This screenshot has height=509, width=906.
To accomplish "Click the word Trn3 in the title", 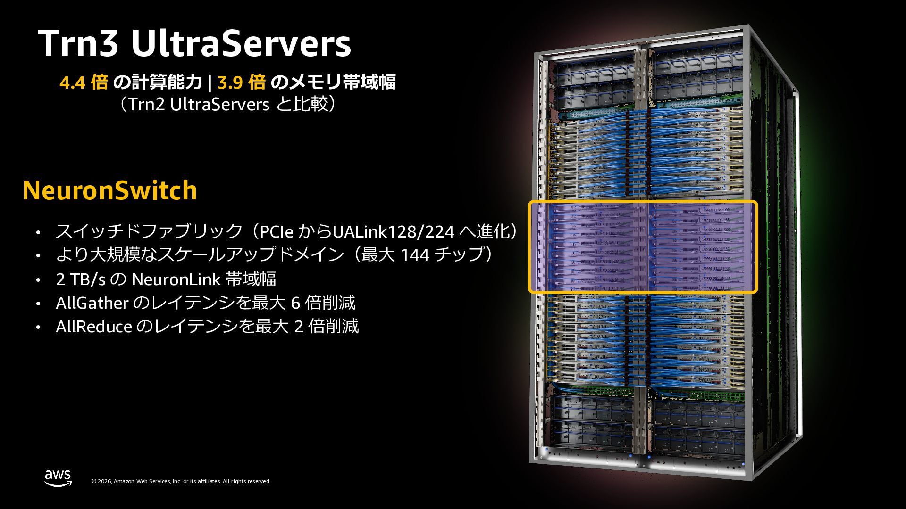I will (x=79, y=44).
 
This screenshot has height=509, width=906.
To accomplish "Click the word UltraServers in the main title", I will (x=241, y=44).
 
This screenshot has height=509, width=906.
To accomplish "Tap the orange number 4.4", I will (x=72, y=82).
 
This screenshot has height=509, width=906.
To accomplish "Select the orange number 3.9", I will (x=230, y=82).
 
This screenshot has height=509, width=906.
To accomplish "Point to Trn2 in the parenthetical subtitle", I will (x=146, y=104).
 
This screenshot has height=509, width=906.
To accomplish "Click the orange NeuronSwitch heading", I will (x=109, y=190).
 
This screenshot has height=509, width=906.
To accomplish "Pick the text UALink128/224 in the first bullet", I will (x=394, y=231).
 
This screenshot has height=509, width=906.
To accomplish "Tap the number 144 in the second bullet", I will (x=415, y=255).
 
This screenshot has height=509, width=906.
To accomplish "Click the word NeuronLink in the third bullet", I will (x=176, y=279).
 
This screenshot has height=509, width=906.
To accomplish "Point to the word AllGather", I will (x=92, y=303).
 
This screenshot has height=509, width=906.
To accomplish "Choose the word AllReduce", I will (x=93, y=326).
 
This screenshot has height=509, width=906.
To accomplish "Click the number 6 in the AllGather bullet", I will (x=296, y=303).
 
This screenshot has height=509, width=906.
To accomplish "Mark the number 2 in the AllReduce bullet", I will (x=299, y=326).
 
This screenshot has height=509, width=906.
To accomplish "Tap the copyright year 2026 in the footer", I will (x=105, y=481).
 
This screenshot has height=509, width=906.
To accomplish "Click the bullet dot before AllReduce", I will (x=38, y=327).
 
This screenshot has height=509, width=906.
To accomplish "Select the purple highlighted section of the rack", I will (x=643, y=246).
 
